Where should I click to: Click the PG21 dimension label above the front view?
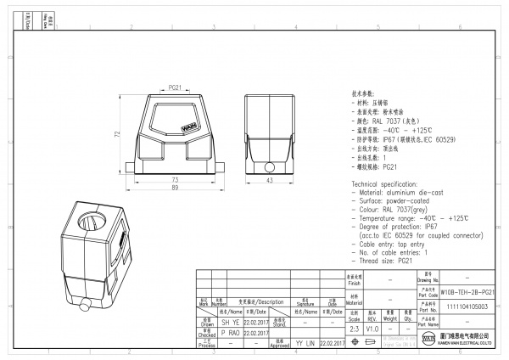point(175,87)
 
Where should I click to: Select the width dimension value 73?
point(175,180)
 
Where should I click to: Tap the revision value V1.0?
point(373,328)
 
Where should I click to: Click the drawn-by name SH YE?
point(206,323)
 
